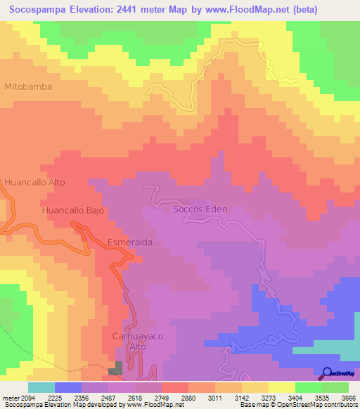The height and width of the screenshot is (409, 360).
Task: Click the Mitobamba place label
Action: [x=29, y=86]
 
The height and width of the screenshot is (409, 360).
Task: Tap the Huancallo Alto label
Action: [x=34, y=182]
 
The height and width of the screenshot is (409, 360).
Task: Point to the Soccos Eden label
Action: [x=200, y=209]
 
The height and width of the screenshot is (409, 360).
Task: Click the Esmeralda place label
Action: [x=130, y=242]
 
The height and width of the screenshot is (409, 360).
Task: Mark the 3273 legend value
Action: [x=267, y=397]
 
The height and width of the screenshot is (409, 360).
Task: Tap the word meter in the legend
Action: [x=9, y=397]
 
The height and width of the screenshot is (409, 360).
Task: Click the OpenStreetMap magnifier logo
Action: [x=326, y=372]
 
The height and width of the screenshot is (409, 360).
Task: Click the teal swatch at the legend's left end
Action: [x=41, y=387]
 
